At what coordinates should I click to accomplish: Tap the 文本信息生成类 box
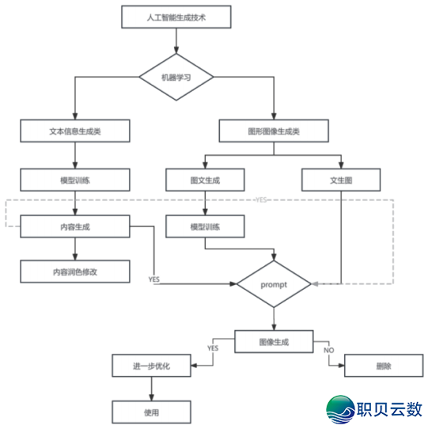74,131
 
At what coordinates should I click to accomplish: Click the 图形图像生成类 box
274,131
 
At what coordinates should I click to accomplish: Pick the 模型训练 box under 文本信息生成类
74,180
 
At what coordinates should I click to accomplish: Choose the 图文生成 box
205,180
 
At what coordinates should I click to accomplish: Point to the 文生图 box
341,180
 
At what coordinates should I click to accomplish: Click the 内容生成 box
74,227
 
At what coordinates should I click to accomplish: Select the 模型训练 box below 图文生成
205,227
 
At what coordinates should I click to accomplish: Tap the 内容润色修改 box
74,271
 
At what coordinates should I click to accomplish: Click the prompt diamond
274,283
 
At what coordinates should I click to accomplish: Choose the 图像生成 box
274,342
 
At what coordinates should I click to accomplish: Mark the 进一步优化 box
151,366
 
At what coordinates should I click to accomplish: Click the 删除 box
383,366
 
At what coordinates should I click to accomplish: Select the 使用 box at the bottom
151,412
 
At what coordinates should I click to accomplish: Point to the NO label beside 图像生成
329,349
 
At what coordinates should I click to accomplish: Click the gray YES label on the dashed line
262,200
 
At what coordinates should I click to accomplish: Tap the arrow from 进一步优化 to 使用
151,389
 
